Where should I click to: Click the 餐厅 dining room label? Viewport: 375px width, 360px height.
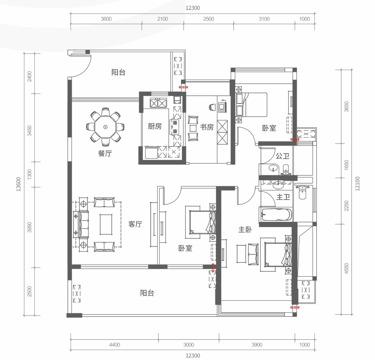tap(105, 153)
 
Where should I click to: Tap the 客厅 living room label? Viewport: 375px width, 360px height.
tap(135, 224)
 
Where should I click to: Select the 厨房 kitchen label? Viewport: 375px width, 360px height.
tap(155, 126)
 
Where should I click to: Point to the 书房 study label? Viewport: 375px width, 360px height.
tap(207, 127)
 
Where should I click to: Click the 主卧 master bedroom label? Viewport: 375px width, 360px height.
tap(245, 229)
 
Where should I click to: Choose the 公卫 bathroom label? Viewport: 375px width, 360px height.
tap(283, 156)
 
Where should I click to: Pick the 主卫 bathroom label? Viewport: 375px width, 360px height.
tap(283, 197)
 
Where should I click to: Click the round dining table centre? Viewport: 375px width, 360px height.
tap(105, 127)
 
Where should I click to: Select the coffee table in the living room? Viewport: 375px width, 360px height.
tap(106, 224)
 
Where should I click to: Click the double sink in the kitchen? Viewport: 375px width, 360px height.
tap(158, 103)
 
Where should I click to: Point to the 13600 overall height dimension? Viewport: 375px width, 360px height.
tap(19, 184)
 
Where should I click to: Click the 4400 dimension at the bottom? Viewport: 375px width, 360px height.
tap(115, 345)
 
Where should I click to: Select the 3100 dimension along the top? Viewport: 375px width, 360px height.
tap(264, 19)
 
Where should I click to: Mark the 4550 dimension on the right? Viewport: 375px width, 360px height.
tap(346, 268)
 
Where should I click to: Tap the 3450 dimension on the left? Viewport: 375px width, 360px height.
tap(29, 131)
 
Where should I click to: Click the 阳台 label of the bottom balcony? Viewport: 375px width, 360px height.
tap(147, 293)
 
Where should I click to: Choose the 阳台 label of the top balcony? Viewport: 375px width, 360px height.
tap(118, 72)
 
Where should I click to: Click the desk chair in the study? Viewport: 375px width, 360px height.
tap(212, 107)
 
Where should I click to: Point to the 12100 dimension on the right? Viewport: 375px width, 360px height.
tap(357, 184)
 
